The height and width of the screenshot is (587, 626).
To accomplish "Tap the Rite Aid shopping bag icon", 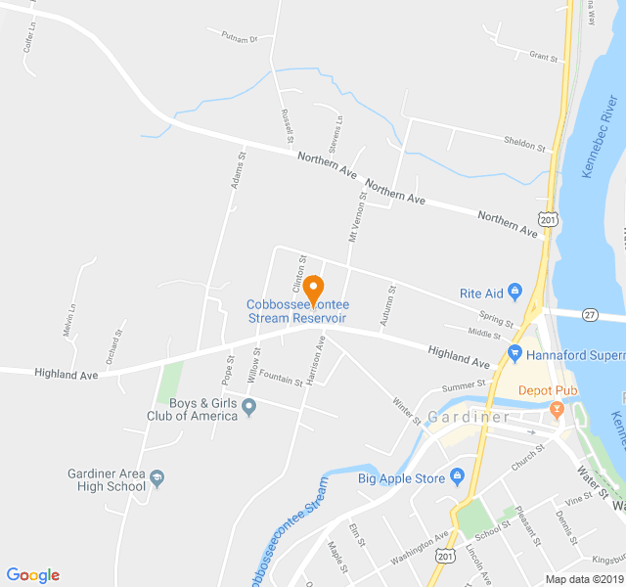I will [514, 293].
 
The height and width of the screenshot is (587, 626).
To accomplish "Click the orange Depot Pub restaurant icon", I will [557, 408].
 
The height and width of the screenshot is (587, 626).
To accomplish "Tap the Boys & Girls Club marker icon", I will [248, 407].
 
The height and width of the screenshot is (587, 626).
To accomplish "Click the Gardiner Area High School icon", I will [158, 478].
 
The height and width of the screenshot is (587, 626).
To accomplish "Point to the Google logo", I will [32, 575].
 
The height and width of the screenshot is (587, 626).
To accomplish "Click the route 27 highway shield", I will [589, 314].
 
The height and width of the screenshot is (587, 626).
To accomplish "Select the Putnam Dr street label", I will [238, 40].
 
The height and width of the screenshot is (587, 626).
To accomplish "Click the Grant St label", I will [542, 58].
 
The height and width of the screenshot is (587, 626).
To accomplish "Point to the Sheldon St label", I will [524, 144].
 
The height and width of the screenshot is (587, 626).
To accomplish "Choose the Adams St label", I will [237, 167].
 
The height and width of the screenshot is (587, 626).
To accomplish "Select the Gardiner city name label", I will [469, 418].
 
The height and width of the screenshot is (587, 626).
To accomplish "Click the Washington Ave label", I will [419, 550].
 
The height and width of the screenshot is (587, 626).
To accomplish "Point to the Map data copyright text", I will [583, 579].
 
